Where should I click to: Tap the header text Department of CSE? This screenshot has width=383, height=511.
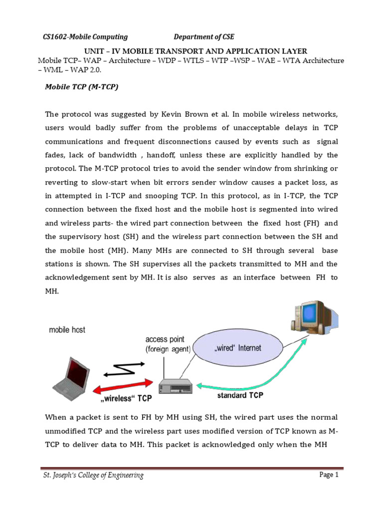click(x=203, y=36)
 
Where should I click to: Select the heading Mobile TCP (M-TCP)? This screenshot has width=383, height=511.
click(x=82, y=86)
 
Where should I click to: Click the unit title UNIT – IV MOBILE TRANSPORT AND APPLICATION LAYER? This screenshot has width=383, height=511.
click(x=191, y=51)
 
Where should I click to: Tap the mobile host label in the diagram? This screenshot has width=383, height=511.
click(x=67, y=329)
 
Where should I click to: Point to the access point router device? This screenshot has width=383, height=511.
click(x=174, y=385)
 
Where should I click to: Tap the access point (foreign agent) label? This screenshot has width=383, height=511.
click(x=168, y=344)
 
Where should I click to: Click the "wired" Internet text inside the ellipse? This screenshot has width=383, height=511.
click(x=238, y=348)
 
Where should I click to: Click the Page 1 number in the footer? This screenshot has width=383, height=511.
click(x=329, y=475)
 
